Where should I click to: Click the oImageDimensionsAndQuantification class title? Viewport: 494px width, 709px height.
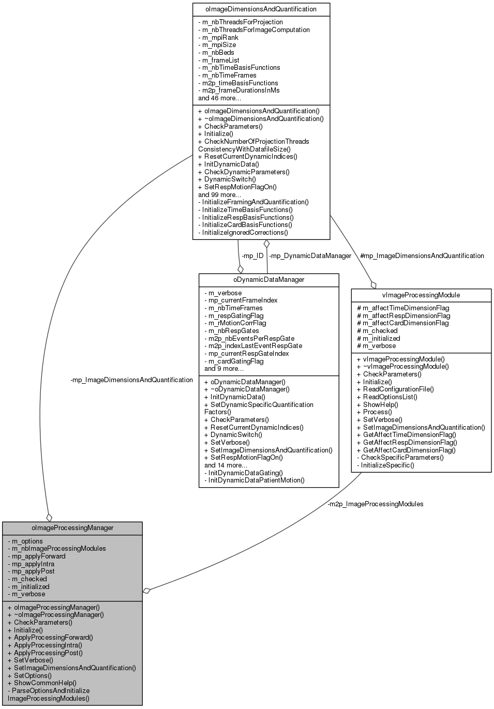click(x=261, y=9)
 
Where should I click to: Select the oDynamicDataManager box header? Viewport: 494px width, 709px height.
click(x=268, y=280)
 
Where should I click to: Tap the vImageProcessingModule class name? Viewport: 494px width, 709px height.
click(x=421, y=295)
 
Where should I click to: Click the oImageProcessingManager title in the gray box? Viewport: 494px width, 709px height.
click(x=72, y=528)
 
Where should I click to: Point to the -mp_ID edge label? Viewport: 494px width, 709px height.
click(x=252, y=255)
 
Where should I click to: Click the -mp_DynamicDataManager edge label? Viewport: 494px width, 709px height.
click(x=310, y=255)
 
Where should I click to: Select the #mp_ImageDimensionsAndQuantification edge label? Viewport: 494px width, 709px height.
click(x=422, y=255)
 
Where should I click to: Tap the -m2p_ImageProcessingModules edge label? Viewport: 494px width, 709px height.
click(x=375, y=504)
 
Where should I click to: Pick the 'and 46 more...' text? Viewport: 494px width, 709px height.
click(x=219, y=98)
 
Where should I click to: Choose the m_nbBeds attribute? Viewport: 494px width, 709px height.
click(x=216, y=52)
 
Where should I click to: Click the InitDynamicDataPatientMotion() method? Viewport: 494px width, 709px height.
click(x=255, y=480)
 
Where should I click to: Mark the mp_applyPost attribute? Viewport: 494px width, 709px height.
click(x=32, y=571)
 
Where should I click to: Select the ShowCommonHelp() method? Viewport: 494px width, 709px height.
click(x=42, y=683)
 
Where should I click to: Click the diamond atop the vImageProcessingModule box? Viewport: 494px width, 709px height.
click(x=373, y=284)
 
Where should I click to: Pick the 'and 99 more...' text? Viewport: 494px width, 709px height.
click(x=219, y=194)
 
